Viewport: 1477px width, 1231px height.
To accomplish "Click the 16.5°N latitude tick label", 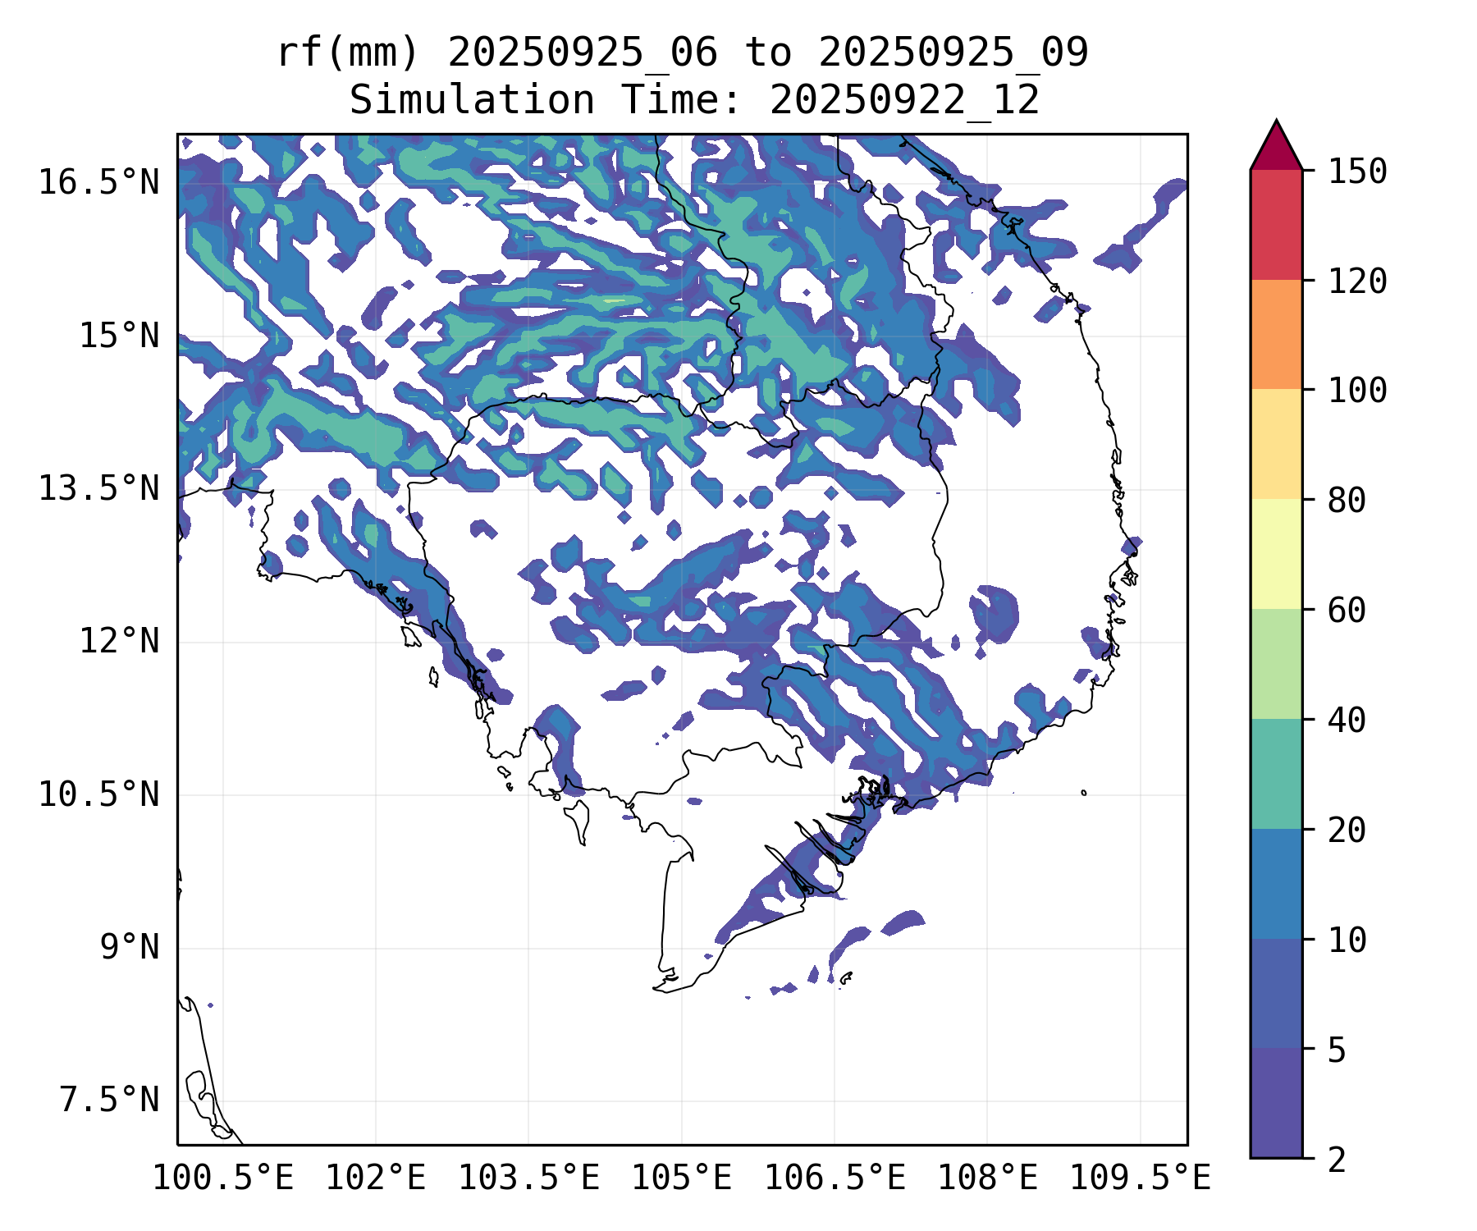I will click(x=98, y=183).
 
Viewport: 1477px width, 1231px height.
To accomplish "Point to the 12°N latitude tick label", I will click(x=119, y=642).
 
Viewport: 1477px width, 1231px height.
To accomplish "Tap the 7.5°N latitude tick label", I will click(x=109, y=1101).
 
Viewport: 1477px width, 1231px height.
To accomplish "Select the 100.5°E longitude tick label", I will click(x=223, y=1178).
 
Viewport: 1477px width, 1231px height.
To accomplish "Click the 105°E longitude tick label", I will click(x=681, y=1178).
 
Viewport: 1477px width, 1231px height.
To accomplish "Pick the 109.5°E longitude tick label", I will click(x=1140, y=1178).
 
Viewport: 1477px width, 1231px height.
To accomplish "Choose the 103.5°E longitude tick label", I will click(x=528, y=1178).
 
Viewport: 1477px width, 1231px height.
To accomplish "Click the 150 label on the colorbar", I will click(x=1357, y=172).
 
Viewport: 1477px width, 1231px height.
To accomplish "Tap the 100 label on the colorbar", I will click(x=1357, y=391).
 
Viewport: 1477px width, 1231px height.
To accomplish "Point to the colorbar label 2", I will click(x=1337, y=1160).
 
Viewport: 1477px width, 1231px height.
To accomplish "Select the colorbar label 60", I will click(x=1347, y=611).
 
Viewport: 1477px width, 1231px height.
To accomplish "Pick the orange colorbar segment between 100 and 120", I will click(x=1276, y=334).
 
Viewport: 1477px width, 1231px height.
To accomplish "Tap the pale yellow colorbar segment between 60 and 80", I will click(x=1276, y=554).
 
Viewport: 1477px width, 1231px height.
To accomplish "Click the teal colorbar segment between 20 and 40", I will click(x=1276, y=774).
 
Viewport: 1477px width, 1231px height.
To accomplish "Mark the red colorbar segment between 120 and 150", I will click(x=1276, y=224).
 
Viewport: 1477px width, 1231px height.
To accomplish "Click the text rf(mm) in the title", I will click(x=348, y=53).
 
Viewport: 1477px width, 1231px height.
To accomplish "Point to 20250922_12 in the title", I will click(x=904, y=101).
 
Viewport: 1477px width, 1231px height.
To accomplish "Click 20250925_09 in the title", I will click(x=953, y=53).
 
